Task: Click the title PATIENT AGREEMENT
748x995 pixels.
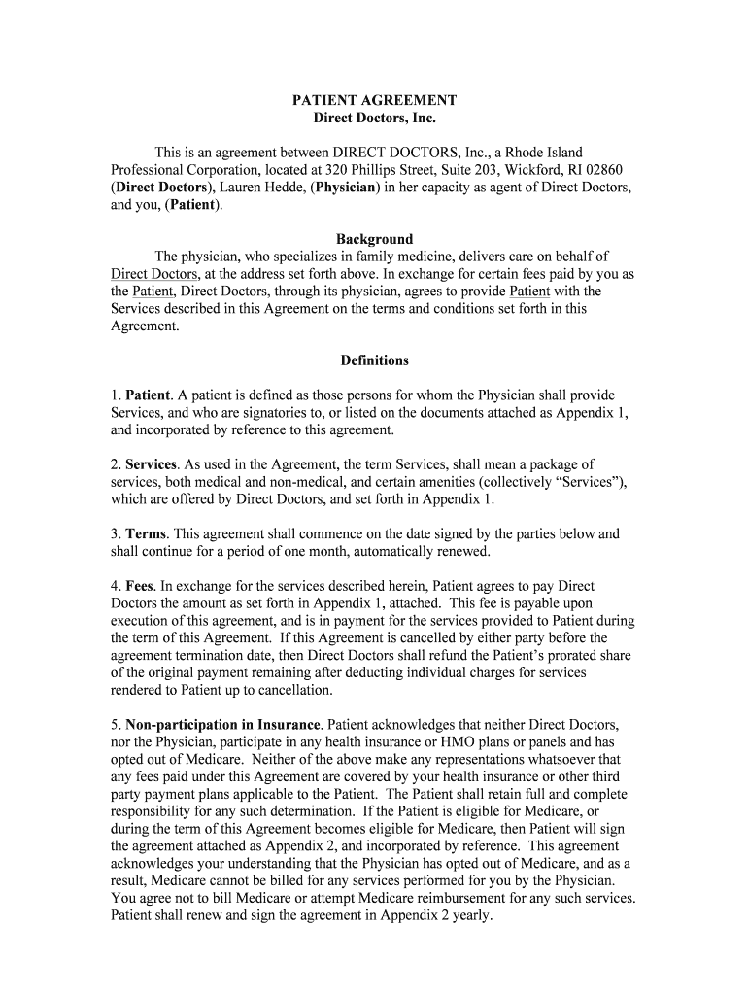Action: coord(374,100)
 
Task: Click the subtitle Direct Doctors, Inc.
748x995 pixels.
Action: coord(374,119)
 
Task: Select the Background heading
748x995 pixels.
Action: coord(374,239)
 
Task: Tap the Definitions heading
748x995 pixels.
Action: coord(374,360)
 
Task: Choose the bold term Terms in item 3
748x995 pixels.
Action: coord(146,534)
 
